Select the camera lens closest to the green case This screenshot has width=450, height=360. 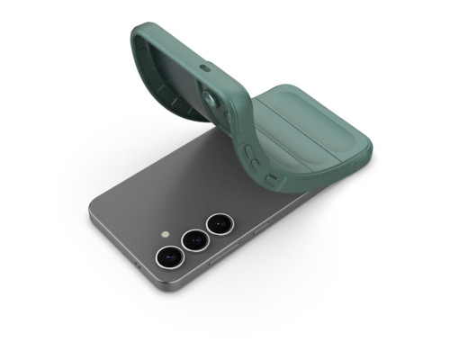pos(218,223)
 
